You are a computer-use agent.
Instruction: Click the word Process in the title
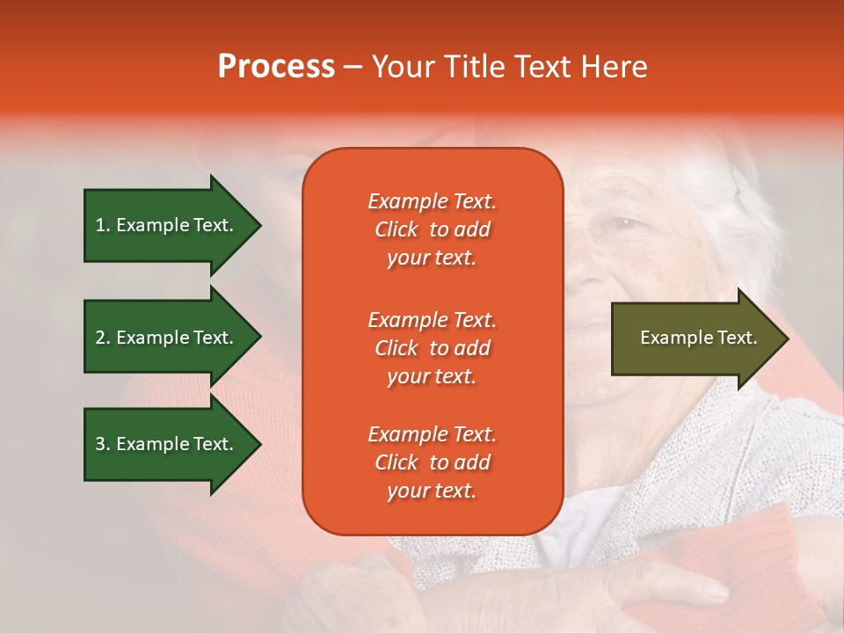276,67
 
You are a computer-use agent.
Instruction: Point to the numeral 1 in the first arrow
99,225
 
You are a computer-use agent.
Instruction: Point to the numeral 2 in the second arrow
100,338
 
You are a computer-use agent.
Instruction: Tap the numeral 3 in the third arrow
100,444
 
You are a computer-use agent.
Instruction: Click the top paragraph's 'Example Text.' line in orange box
432,201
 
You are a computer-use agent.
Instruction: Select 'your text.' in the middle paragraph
432,376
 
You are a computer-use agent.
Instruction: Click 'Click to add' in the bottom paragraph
432,462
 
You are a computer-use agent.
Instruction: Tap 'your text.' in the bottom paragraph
432,491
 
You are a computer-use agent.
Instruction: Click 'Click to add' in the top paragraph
432,229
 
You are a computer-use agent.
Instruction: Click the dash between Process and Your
353,68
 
